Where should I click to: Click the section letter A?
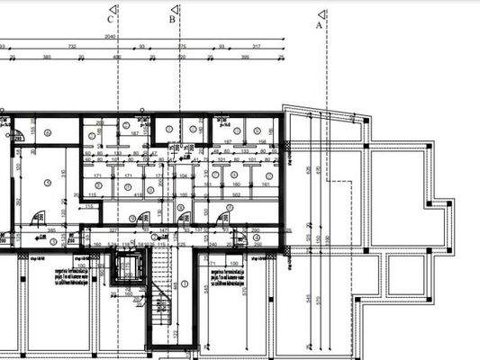[319, 26]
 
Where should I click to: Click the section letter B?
[172, 18]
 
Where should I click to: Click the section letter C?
[110, 18]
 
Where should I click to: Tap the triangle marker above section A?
[321, 13]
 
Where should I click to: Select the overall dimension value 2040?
[110, 37]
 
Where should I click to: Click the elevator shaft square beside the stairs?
[125, 267]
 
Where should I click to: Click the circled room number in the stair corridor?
[183, 283]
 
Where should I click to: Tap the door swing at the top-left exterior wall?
[15, 136]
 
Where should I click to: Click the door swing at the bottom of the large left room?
[38, 218]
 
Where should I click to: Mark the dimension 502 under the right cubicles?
[236, 194]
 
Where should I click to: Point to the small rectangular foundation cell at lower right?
[405, 274]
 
